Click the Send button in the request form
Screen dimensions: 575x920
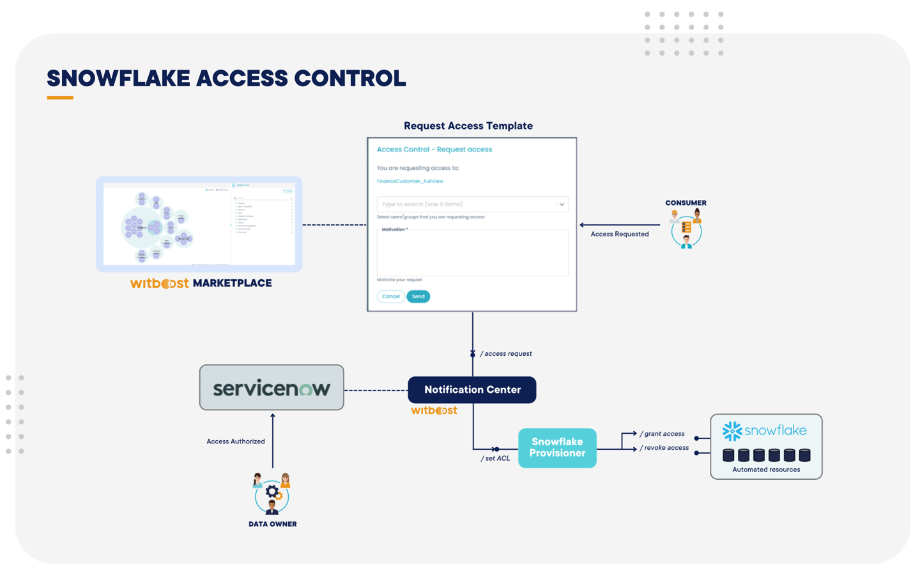tap(418, 296)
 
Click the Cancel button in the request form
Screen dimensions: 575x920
tap(390, 296)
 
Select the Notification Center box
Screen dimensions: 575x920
tap(472, 390)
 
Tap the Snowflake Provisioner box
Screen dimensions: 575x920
tap(557, 448)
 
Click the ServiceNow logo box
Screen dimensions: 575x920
tap(272, 388)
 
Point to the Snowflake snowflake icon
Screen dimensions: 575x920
tap(732, 431)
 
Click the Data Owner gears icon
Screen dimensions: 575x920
tap(273, 493)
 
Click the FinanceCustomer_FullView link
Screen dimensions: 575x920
tap(410, 181)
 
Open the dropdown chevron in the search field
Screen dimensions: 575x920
tap(562, 204)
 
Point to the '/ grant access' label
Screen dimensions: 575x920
tap(663, 434)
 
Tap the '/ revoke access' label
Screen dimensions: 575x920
tap(664, 448)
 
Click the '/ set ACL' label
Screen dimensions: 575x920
tap(496, 458)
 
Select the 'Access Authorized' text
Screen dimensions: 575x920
tap(235, 441)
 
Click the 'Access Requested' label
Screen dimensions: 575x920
tap(619, 234)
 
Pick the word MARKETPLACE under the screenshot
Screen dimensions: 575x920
tap(232, 283)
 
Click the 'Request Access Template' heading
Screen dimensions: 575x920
tap(468, 126)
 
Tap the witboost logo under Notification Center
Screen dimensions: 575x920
tap(434, 410)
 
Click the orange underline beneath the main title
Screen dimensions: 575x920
tap(60, 98)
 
